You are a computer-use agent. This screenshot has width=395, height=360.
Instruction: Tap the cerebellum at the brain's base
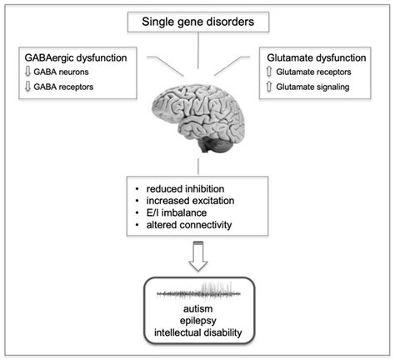point(219,144)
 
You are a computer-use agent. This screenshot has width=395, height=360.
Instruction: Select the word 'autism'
point(197,310)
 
